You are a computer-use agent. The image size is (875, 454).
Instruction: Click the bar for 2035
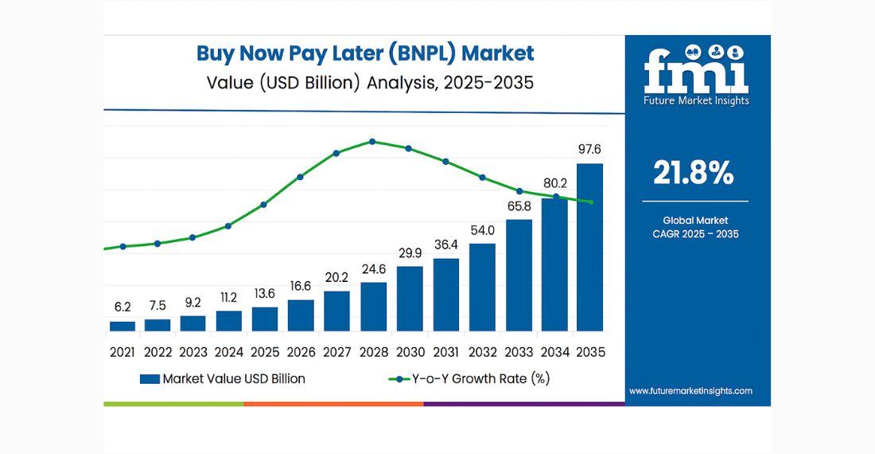(589, 247)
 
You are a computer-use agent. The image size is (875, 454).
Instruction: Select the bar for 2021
(122, 326)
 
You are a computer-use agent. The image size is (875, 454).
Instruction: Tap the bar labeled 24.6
(373, 307)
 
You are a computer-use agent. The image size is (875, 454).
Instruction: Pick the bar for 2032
(482, 287)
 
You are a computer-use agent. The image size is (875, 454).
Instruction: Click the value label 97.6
(589, 149)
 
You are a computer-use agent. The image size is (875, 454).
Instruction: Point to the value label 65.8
(518, 205)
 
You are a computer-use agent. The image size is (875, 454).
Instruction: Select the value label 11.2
(228, 297)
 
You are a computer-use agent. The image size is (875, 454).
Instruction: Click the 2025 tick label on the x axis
(265, 351)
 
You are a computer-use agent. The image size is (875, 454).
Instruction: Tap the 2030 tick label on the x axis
(410, 351)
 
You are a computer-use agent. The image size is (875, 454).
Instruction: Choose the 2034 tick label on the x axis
(554, 351)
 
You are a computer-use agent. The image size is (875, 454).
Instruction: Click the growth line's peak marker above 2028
(372, 142)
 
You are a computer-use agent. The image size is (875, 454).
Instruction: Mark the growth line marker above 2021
(122, 246)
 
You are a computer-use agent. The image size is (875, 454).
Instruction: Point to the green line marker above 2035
(590, 202)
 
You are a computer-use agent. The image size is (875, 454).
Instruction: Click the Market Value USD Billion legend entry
(222, 379)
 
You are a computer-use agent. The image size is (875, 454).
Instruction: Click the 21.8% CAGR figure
(693, 173)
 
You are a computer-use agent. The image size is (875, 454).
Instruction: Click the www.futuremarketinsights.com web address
(690, 391)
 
